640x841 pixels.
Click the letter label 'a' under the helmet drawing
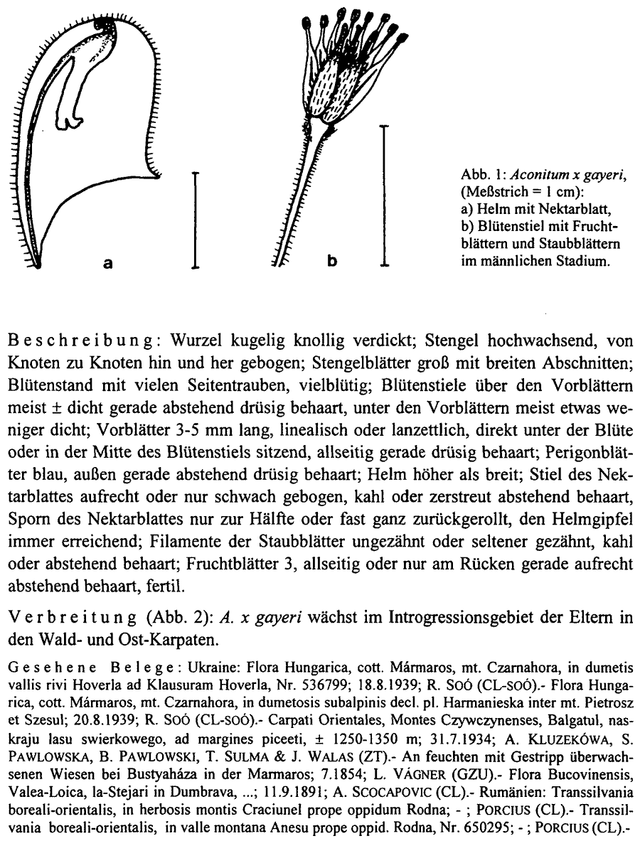[109, 263]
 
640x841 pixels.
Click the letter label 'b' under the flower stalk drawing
[331, 262]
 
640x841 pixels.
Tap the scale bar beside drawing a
[194, 220]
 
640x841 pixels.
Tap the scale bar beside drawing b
[385, 195]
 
